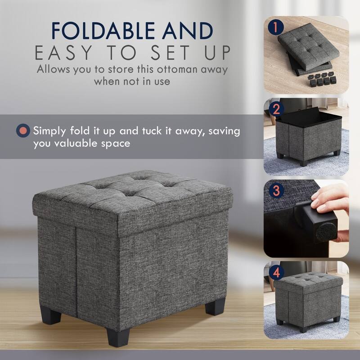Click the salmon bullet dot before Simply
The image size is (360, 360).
coord(22,131)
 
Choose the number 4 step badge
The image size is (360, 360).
coord(275,272)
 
